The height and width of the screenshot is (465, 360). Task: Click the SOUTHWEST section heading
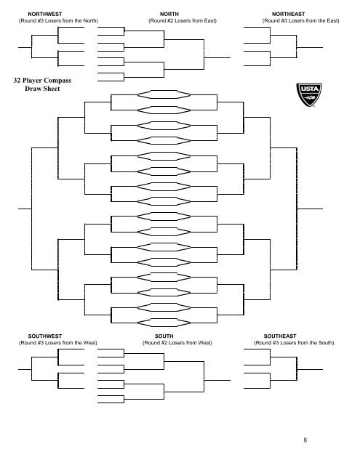44,336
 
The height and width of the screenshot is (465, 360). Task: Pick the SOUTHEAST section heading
289,336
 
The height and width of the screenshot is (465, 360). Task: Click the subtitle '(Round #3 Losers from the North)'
58,21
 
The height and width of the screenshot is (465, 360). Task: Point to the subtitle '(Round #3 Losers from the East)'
300,21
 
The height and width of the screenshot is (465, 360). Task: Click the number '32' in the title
18,81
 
